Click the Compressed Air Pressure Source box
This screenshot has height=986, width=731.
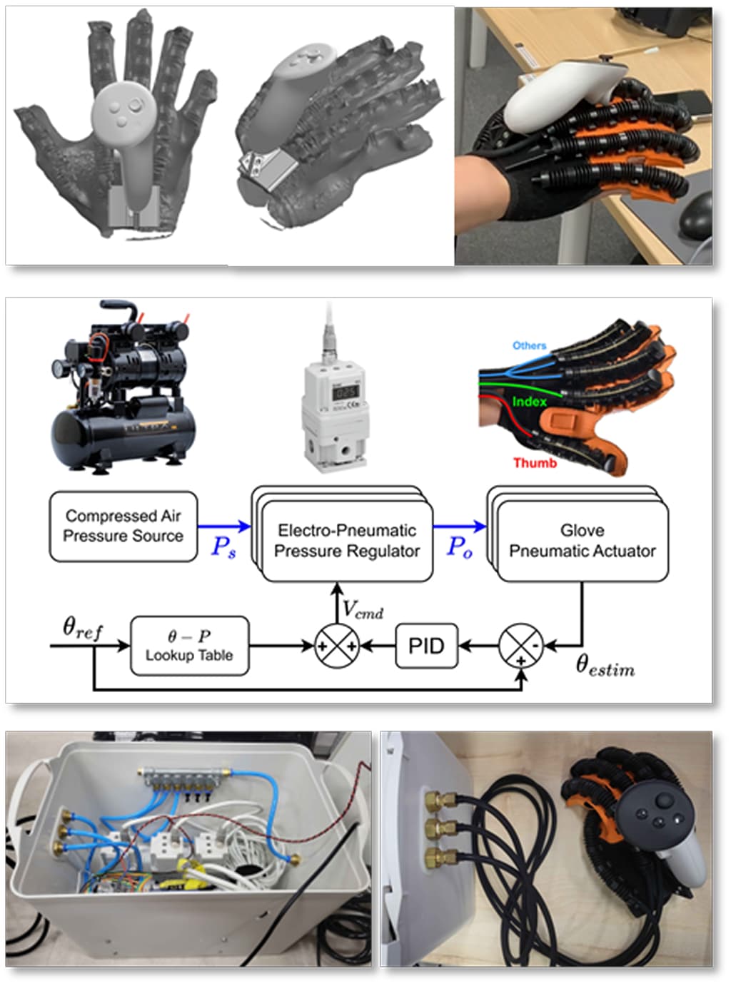coord(123,526)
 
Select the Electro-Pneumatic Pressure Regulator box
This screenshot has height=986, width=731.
coord(347,541)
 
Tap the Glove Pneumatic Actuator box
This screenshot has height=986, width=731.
coord(582,541)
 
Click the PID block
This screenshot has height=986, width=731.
coord(426,646)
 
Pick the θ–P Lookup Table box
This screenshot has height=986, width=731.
coord(189,646)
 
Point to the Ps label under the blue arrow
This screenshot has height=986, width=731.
coord(223,547)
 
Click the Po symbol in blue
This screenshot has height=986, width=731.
coord(459,547)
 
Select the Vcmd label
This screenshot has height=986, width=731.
coord(363,609)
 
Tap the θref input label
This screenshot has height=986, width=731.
coord(82,628)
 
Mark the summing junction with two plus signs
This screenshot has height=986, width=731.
coord(336,646)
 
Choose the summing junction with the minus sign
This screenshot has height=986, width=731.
coord(520,646)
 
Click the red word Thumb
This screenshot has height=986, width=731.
coord(535,463)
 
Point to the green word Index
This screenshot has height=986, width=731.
coord(529,402)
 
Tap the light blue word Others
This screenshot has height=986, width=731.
coord(529,345)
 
